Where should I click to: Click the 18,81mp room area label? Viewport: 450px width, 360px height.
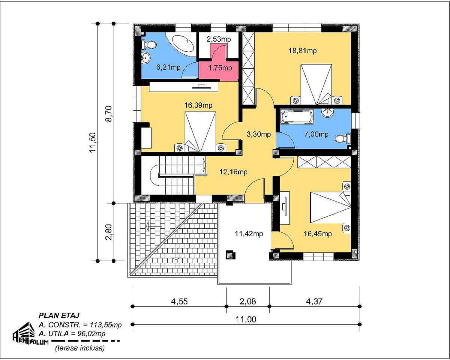[303, 51]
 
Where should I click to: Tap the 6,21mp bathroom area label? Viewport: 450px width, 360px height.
[168, 67]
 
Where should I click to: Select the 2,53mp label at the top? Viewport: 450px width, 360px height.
[219, 39]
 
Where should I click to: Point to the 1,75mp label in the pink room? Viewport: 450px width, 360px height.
[220, 68]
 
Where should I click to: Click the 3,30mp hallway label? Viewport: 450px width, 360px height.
[259, 134]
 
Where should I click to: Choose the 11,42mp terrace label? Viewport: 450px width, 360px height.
[249, 234]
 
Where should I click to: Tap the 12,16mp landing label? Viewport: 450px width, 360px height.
[233, 172]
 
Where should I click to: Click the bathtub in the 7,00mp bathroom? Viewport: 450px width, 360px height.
[297, 116]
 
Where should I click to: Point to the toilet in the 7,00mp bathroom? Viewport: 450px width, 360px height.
[342, 139]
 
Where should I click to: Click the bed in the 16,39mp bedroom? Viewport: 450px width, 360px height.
[200, 132]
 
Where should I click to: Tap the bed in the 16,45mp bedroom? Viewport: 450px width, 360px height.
[330, 207]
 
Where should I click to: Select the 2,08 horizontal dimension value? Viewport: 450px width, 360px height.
[247, 301]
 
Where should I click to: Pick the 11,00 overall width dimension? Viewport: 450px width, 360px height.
[246, 319]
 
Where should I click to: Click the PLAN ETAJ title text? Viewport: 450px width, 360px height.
[59, 315]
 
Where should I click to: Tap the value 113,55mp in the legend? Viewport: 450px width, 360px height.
[106, 325]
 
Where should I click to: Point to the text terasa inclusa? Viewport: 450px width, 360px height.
[79, 348]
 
